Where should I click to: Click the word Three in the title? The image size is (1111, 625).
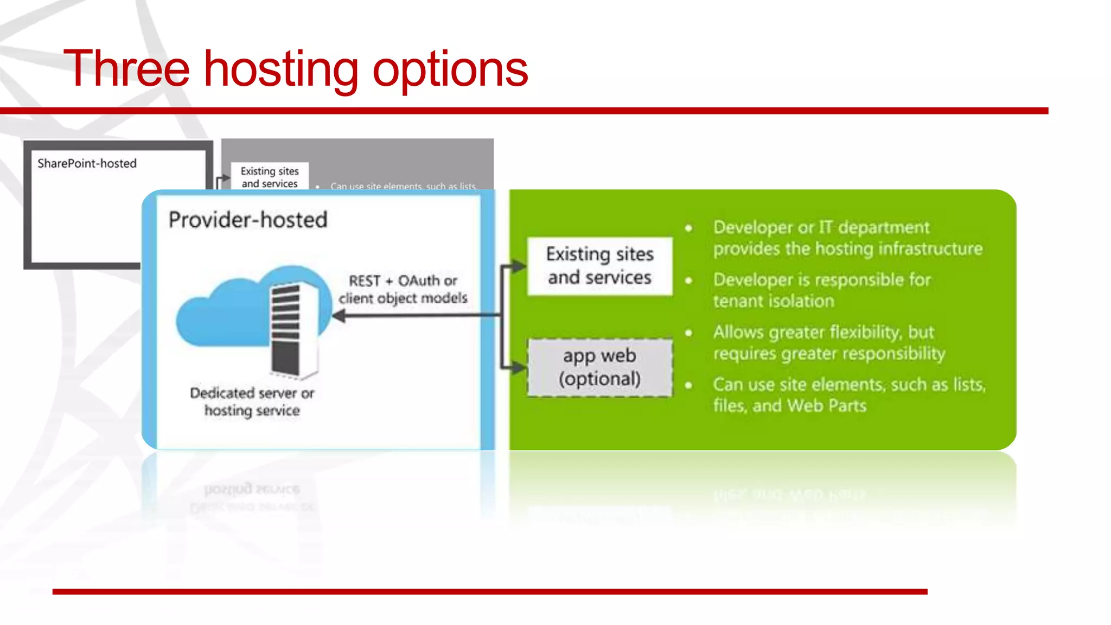click(x=126, y=69)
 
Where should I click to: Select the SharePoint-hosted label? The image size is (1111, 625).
click(x=87, y=163)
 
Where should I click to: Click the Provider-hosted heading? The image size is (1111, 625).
click(x=248, y=220)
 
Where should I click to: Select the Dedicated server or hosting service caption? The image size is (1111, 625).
click(x=252, y=401)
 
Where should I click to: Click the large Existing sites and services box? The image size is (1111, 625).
click(x=599, y=266)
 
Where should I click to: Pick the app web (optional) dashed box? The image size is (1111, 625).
click(x=599, y=367)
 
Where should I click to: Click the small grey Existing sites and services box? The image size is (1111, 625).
click(x=270, y=177)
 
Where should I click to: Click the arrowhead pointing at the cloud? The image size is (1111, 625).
click(x=339, y=315)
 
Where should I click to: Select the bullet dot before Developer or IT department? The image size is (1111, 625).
click(x=688, y=228)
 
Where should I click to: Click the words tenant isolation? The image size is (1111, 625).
click(x=773, y=301)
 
